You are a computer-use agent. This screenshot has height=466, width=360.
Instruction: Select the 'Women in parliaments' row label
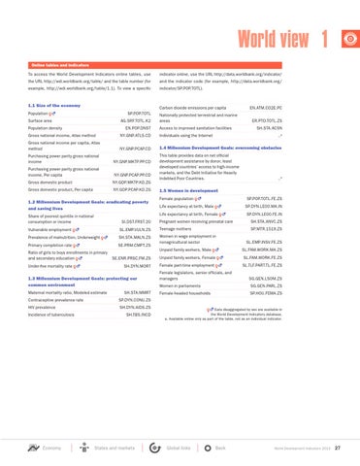(x=215, y=313)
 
